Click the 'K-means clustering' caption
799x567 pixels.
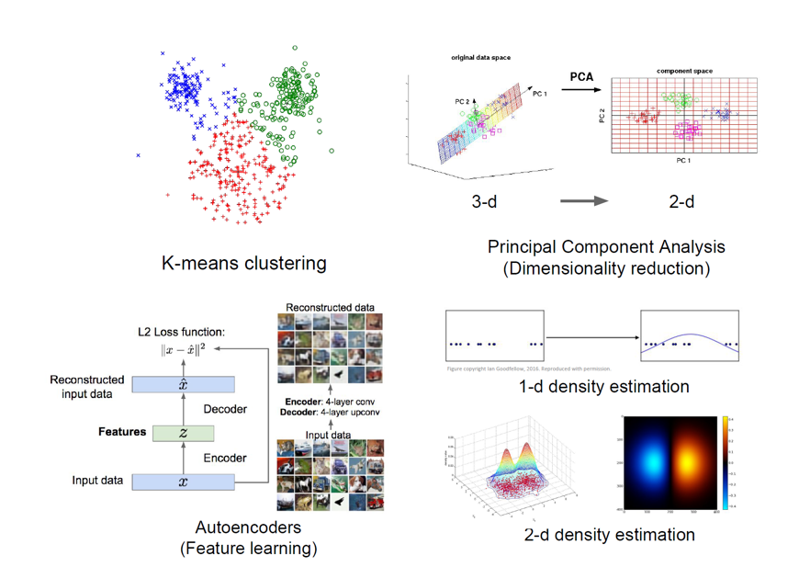coord(243,264)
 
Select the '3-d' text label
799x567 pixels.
coord(484,200)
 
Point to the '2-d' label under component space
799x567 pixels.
coord(681,200)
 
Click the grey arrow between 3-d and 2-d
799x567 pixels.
coord(584,200)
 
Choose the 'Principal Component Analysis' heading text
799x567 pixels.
coord(606,246)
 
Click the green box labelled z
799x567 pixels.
coord(183,433)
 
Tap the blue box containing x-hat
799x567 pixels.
coord(183,384)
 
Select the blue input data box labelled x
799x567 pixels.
coord(183,482)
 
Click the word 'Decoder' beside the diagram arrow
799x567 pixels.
coord(225,409)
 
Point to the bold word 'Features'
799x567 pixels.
coord(122,432)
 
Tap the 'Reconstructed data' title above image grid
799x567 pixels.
coord(331,307)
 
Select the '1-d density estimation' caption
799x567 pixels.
coord(604,386)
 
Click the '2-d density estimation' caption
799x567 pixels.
coord(609,534)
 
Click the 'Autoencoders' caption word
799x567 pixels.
coord(248,528)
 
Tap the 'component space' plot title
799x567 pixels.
coord(684,71)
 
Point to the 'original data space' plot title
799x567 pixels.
coord(480,58)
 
